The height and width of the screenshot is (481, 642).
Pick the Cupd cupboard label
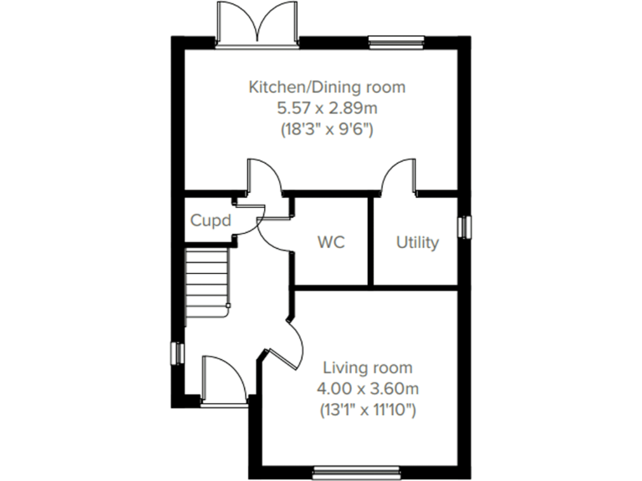click(x=210, y=221)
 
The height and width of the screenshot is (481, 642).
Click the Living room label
click(x=368, y=367)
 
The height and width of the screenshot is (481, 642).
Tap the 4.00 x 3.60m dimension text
click(x=368, y=388)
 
